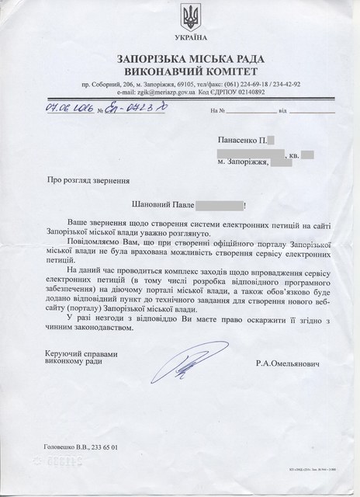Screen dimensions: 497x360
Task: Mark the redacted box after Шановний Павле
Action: pos(220,206)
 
